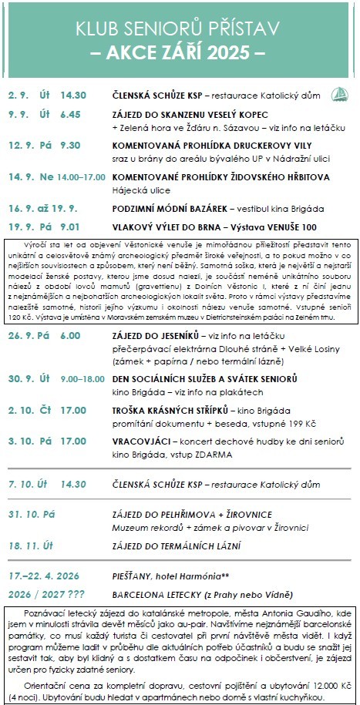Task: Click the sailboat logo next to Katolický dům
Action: [338, 95]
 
